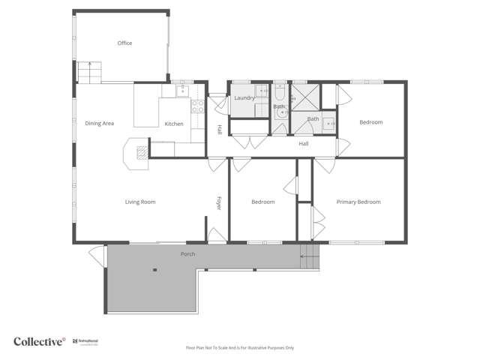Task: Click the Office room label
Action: point(124,43)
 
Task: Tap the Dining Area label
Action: point(99,124)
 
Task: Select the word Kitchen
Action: point(174,124)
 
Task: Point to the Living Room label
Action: point(139,202)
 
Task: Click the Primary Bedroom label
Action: point(358,202)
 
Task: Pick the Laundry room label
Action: point(244,97)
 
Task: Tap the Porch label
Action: point(188,253)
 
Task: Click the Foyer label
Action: point(219,202)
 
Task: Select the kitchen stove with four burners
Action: point(198,106)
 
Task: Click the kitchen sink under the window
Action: point(182,91)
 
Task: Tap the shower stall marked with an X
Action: point(305,96)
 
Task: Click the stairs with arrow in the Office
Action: point(89,73)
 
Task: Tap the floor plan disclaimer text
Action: point(240,348)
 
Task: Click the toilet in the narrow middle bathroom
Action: point(280,114)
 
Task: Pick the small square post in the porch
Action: point(155,270)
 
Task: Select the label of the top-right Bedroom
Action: point(370,122)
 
